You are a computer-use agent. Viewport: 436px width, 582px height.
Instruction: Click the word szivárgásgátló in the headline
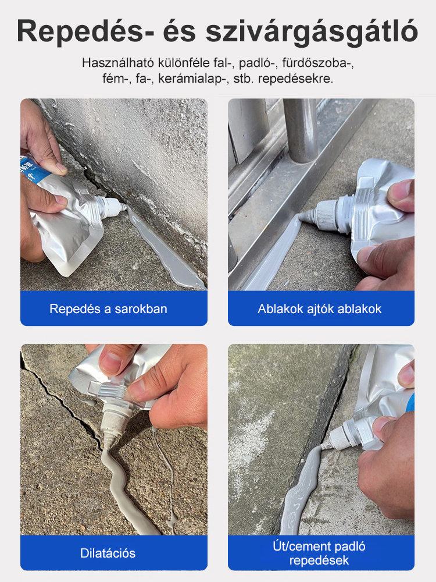(312, 32)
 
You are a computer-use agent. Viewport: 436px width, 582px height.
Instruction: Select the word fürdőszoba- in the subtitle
(318, 63)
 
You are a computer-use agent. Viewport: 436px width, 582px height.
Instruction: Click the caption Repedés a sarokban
(108, 309)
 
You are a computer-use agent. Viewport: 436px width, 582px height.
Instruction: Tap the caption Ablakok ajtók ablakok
(320, 309)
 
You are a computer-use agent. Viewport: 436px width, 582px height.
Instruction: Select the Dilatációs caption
(108, 553)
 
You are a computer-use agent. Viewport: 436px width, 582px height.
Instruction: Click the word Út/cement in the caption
(301, 546)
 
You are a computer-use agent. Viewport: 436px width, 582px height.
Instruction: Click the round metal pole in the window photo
(301, 130)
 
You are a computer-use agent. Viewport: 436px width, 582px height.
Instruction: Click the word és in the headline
(180, 32)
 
